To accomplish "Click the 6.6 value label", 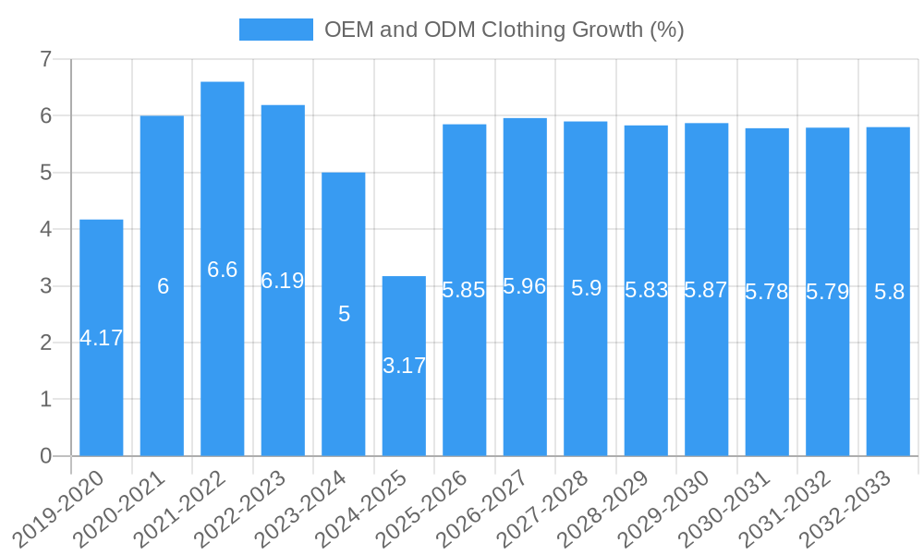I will [x=223, y=270].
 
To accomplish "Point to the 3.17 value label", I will [x=404, y=366].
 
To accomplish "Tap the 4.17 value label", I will [x=102, y=338].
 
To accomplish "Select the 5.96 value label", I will [x=525, y=286].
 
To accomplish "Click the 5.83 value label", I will [x=646, y=290].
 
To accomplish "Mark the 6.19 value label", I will [x=283, y=281].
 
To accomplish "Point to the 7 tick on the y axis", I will [x=45, y=59].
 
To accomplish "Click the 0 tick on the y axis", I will [x=45, y=456].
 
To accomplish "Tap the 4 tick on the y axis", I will [x=45, y=229].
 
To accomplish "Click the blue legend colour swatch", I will [x=275, y=30].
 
